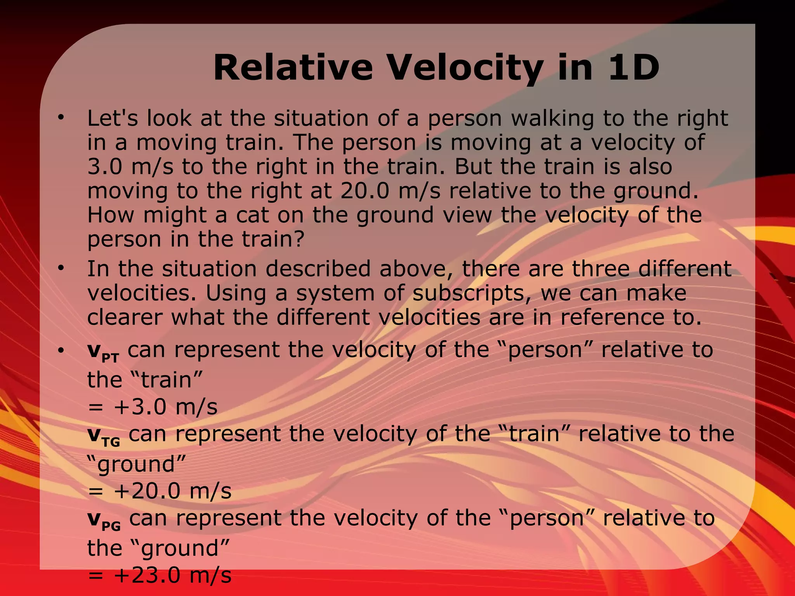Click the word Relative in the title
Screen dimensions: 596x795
click(293, 68)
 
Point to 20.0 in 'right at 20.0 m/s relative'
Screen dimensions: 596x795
click(365, 191)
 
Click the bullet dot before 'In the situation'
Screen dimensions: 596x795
click(60, 268)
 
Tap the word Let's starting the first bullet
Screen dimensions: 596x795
click(113, 118)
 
